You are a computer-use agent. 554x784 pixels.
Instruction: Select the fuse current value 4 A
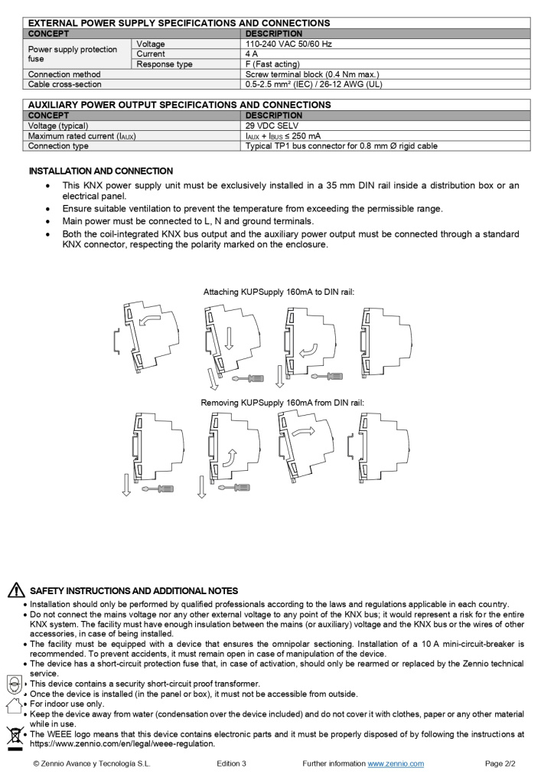pyautogui.click(x=252, y=54)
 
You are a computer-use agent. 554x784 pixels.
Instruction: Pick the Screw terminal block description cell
pyautogui.click(x=312, y=74)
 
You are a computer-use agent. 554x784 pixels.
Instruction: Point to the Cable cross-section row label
pyautogui.click(x=65, y=84)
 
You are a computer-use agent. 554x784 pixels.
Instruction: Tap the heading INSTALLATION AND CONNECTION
pyautogui.click(x=101, y=171)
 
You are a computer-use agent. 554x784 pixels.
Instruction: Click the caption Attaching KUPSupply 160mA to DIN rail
pyautogui.click(x=279, y=292)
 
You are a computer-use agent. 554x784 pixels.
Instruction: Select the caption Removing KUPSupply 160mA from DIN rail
pyautogui.click(x=282, y=403)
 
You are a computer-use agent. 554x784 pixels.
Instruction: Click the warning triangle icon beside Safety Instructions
pyautogui.click(x=16, y=590)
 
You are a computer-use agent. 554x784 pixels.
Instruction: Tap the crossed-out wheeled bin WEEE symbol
pyautogui.click(x=14, y=738)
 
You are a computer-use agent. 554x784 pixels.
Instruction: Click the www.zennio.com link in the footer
pyautogui.click(x=396, y=764)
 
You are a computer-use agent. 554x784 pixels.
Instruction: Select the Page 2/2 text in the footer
pyautogui.click(x=500, y=764)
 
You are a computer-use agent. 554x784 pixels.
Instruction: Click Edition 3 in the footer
pyautogui.click(x=231, y=764)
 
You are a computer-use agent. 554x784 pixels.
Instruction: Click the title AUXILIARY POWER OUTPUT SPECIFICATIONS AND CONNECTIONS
pyautogui.click(x=179, y=105)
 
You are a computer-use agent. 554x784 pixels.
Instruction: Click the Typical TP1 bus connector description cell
pyautogui.click(x=341, y=145)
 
